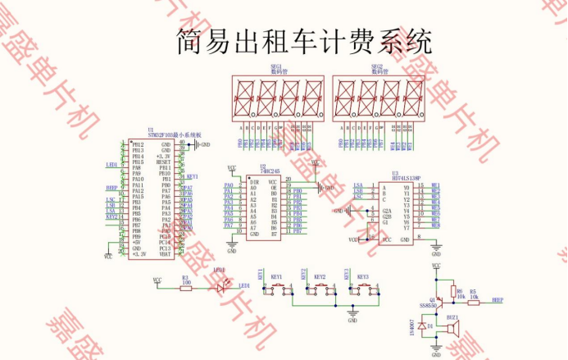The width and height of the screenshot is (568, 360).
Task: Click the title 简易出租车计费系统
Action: [304, 41]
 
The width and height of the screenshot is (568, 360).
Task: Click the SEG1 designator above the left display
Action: [275, 66]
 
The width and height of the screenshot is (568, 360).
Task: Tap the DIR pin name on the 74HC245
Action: [254, 181]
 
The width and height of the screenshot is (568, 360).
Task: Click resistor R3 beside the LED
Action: [185, 285]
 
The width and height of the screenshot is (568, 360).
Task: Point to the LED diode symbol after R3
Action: [219, 286]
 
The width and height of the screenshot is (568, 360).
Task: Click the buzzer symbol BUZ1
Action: [451, 329]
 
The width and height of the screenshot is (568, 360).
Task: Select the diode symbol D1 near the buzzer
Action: [421, 326]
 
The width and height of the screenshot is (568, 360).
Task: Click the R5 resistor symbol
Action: [473, 300]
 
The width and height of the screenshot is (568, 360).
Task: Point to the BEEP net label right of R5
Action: [497, 300]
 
